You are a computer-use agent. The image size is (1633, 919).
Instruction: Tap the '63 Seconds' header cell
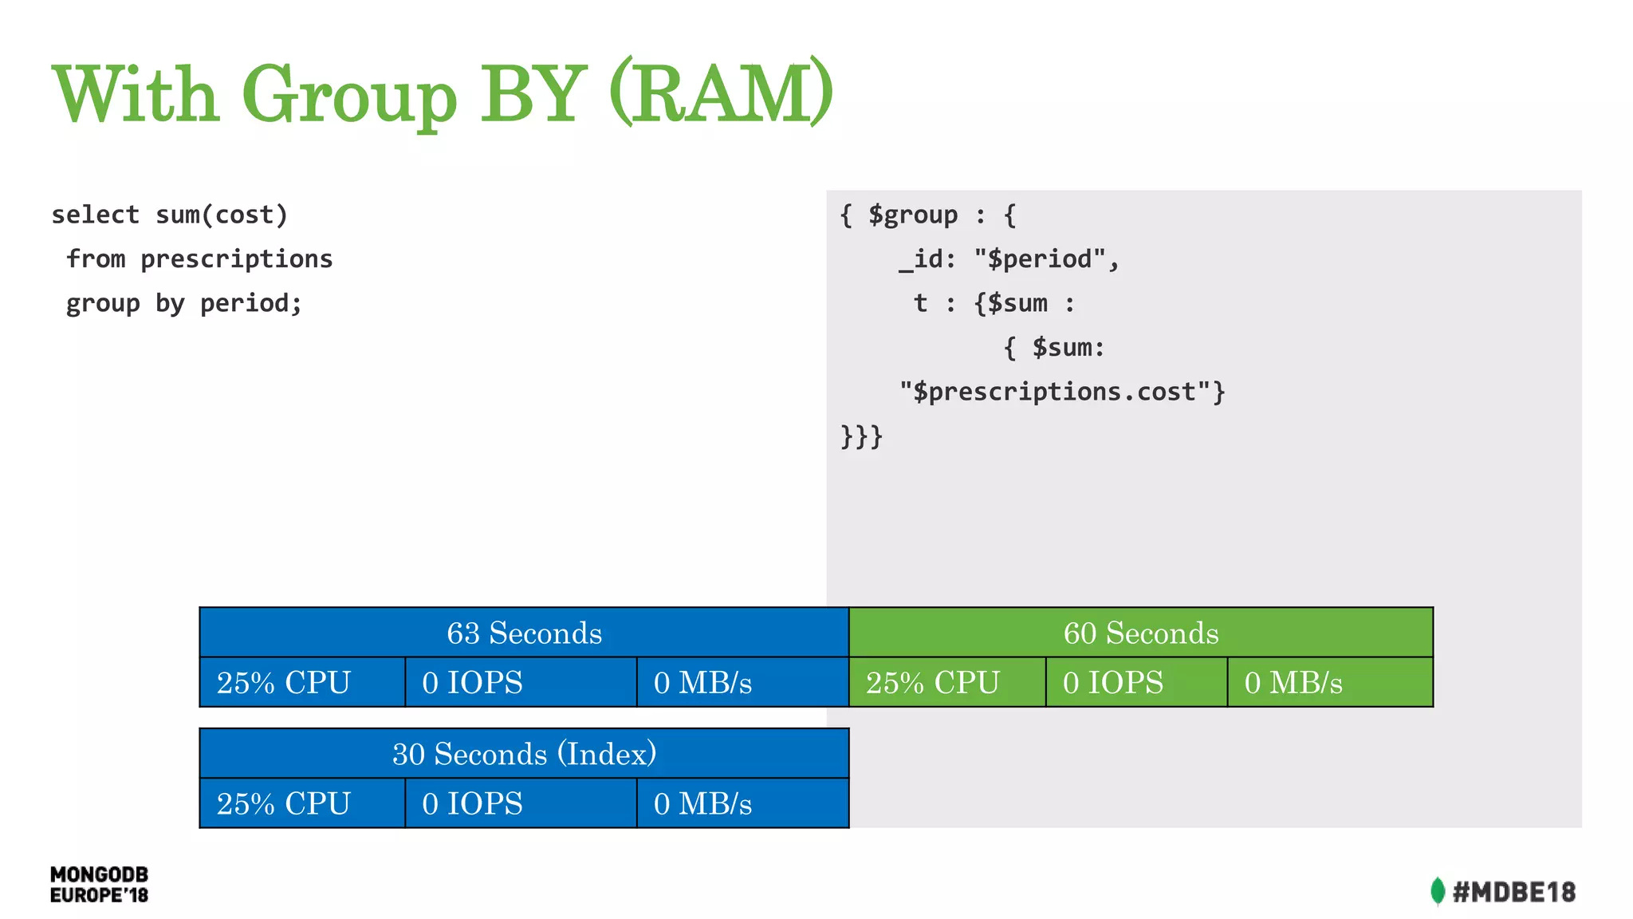coord(524,633)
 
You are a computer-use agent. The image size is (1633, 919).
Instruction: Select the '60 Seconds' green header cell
coord(1140,633)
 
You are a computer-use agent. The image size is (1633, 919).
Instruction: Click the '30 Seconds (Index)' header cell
coord(524,754)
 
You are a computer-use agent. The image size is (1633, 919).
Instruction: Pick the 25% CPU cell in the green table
coord(947,683)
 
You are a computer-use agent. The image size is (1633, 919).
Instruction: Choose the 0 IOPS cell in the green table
coord(1135,683)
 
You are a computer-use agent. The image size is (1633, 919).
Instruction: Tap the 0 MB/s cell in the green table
coord(1329,683)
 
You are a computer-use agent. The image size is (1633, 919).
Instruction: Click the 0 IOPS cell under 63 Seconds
coord(520,683)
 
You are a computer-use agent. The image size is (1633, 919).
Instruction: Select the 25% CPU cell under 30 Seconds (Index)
coord(302,803)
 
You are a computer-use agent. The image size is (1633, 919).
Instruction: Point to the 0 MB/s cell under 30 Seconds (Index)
coord(742,803)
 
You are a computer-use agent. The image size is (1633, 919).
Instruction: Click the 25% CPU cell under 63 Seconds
coord(302,683)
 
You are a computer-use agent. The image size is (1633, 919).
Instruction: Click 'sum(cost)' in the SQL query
coord(221,215)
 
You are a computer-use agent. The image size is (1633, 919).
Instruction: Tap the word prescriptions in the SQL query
coord(236,259)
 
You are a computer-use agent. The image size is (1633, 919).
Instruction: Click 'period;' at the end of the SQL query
coord(250,303)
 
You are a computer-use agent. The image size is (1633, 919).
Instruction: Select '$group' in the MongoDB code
coord(912,215)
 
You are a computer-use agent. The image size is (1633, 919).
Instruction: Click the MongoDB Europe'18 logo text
coord(99,885)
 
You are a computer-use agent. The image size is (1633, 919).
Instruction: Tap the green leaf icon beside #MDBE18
coord(1437,891)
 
